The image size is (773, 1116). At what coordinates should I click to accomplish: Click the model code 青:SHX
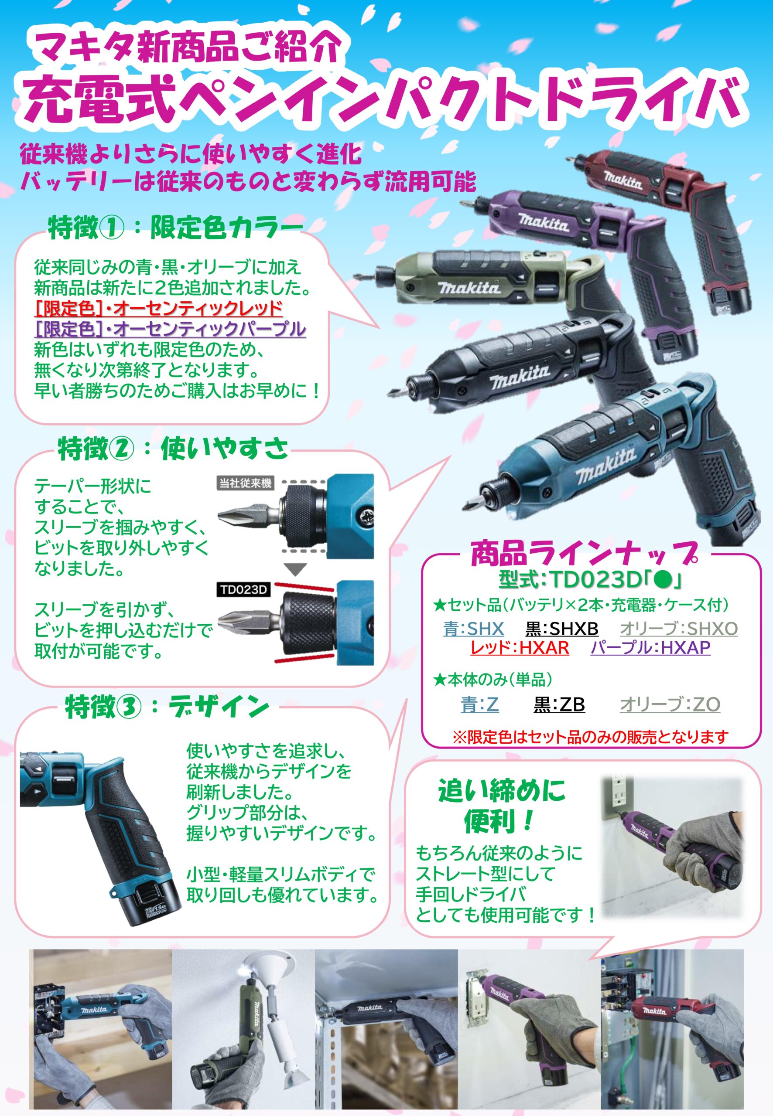473,629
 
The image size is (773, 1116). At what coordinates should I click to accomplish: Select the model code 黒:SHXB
562,629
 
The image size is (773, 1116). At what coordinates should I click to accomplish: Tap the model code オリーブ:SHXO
678,629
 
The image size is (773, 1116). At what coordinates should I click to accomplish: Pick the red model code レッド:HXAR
520,647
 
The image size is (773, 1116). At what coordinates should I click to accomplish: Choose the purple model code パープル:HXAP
650,647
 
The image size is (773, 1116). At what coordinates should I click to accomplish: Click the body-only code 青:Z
479,704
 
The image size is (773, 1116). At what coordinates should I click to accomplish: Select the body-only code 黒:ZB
559,704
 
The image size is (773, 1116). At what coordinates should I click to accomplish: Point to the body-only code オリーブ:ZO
670,704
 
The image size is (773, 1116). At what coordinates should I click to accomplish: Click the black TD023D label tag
243,590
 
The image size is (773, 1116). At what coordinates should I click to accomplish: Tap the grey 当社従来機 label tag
245,483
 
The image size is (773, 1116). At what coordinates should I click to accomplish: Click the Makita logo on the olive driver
469,289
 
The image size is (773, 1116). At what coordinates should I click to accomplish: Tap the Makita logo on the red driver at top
623,180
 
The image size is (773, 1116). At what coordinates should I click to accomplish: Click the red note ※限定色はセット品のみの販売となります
590,737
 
